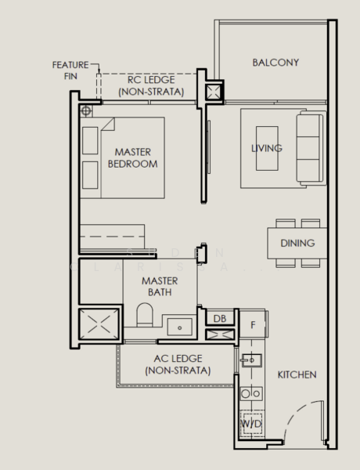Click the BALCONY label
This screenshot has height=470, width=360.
(x=275, y=63)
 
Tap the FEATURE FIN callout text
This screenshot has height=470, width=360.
(x=70, y=70)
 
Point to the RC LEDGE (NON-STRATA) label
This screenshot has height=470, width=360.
(x=151, y=85)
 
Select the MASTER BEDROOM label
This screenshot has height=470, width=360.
(x=133, y=158)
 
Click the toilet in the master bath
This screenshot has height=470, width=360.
(x=145, y=315)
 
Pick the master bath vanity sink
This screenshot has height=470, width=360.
(x=180, y=327)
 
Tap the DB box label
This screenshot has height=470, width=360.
(x=220, y=318)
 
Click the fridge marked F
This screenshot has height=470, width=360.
(x=254, y=324)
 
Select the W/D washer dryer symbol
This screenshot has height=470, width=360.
(x=252, y=423)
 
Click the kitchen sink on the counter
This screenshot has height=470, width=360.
(x=251, y=360)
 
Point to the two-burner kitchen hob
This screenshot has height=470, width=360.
(x=251, y=393)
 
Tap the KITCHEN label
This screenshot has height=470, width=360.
(x=297, y=374)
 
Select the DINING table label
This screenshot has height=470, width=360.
(x=297, y=243)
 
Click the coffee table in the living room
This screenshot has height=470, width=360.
(x=267, y=148)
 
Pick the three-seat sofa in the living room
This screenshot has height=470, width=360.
(x=311, y=148)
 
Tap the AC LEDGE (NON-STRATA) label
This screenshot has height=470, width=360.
(x=178, y=364)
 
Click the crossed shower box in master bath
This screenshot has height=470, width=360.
(x=99, y=324)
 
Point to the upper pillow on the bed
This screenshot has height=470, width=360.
(x=90, y=140)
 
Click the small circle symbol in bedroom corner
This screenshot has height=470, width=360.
(x=86, y=111)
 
